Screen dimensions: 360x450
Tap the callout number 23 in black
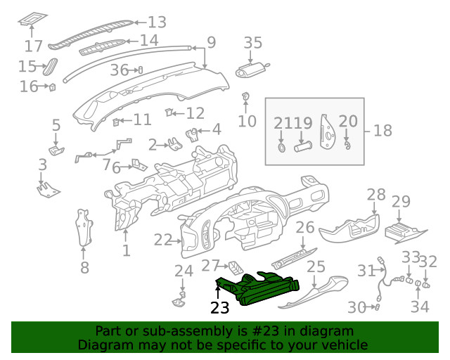(x=220, y=308)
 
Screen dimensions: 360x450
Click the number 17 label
(x=33, y=46)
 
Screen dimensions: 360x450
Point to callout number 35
(x=252, y=44)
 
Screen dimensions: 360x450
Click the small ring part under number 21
(x=281, y=148)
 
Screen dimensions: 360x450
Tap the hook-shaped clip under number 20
(x=347, y=146)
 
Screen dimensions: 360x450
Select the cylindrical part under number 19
(x=303, y=148)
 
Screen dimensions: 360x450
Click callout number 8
(x=84, y=267)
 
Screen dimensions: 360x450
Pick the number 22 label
(x=163, y=240)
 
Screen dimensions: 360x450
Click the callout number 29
(x=400, y=202)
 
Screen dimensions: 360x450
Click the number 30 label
(x=358, y=307)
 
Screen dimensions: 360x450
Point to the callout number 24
(x=183, y=271)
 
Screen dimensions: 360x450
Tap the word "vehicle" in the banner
(x=345, y=345)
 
